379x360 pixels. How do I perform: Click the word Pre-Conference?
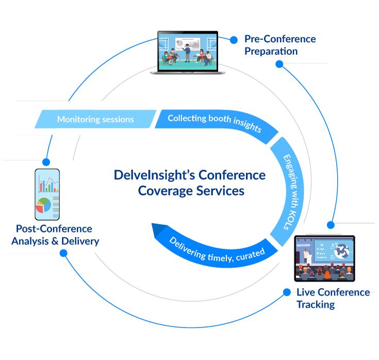(279, 39)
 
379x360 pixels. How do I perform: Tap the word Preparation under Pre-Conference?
(271, 52)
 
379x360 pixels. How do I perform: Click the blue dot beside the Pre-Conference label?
(234, 39)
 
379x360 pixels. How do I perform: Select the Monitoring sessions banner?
(95, 119)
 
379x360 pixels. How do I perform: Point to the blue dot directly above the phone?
(46, 161)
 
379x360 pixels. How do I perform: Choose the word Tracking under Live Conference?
(315, 304)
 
